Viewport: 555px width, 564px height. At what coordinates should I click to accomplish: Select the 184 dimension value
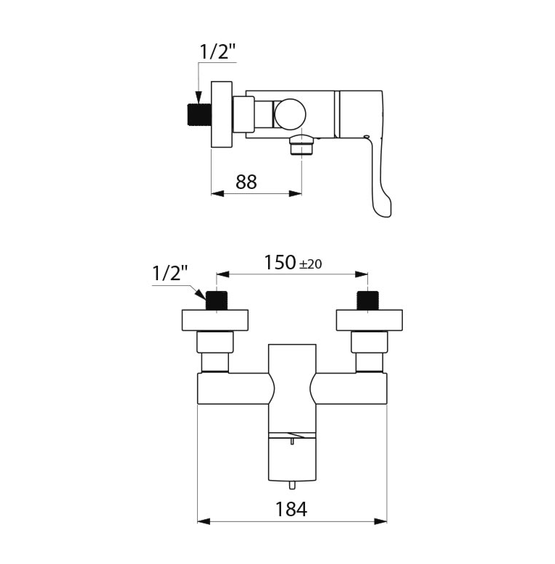click(291, 508)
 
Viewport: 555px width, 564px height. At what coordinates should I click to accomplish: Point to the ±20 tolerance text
click(309, 264)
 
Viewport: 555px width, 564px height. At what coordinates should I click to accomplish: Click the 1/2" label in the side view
click(217, 52)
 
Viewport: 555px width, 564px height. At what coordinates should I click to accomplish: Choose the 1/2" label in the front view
click(170, 274)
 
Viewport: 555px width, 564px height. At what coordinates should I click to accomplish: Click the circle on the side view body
click(290, 114)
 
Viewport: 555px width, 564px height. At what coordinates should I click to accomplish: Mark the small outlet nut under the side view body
click(301, 146)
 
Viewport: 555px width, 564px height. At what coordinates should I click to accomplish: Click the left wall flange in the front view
click(215, 320)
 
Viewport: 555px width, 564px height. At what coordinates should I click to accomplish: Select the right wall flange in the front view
click(369, 320)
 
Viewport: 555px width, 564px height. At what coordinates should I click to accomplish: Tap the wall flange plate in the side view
click(220, 114)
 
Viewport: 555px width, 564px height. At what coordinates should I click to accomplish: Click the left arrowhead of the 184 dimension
click(204, 521)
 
